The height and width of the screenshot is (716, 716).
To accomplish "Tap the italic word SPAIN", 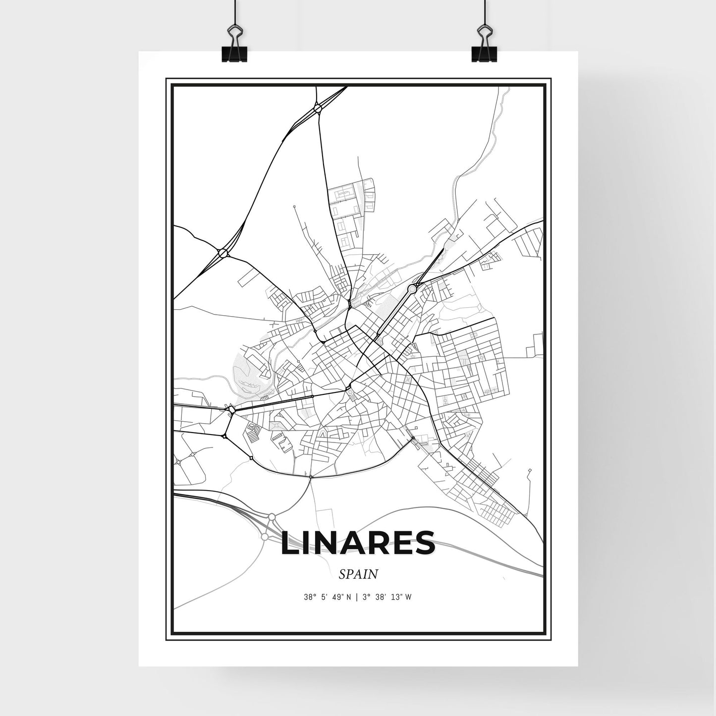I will (358, 574).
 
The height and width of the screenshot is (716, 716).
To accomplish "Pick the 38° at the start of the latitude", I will (310, 597).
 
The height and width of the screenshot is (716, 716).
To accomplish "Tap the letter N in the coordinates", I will (349, 597).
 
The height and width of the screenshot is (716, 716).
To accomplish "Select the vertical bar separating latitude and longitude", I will (355, 597).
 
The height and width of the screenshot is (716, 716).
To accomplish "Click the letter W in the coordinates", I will (408, 597).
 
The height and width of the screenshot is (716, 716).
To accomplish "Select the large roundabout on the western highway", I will (222, 253).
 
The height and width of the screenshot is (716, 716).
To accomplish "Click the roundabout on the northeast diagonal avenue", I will (412, 288).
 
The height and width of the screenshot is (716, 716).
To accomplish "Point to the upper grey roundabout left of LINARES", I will (272, 517).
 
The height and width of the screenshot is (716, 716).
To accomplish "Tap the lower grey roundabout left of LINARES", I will (265, 537).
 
